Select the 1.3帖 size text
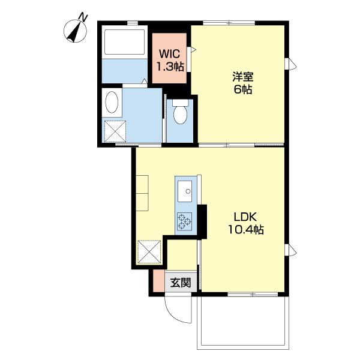click(170, 66)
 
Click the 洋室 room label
click(242, 77)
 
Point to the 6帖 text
click(243, 91)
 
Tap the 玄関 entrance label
click(180, 282)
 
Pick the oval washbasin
click(111, 103)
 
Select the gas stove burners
click(184, 223)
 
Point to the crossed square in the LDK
click(149, 251)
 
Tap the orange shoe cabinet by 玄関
click(158, 281)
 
